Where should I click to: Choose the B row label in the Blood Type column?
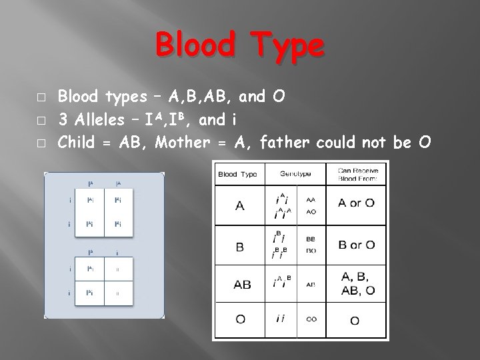point(240,246)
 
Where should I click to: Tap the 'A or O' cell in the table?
point(356,203)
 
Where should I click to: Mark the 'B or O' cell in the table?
point(356,245)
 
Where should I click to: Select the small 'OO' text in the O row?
point(311,320)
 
